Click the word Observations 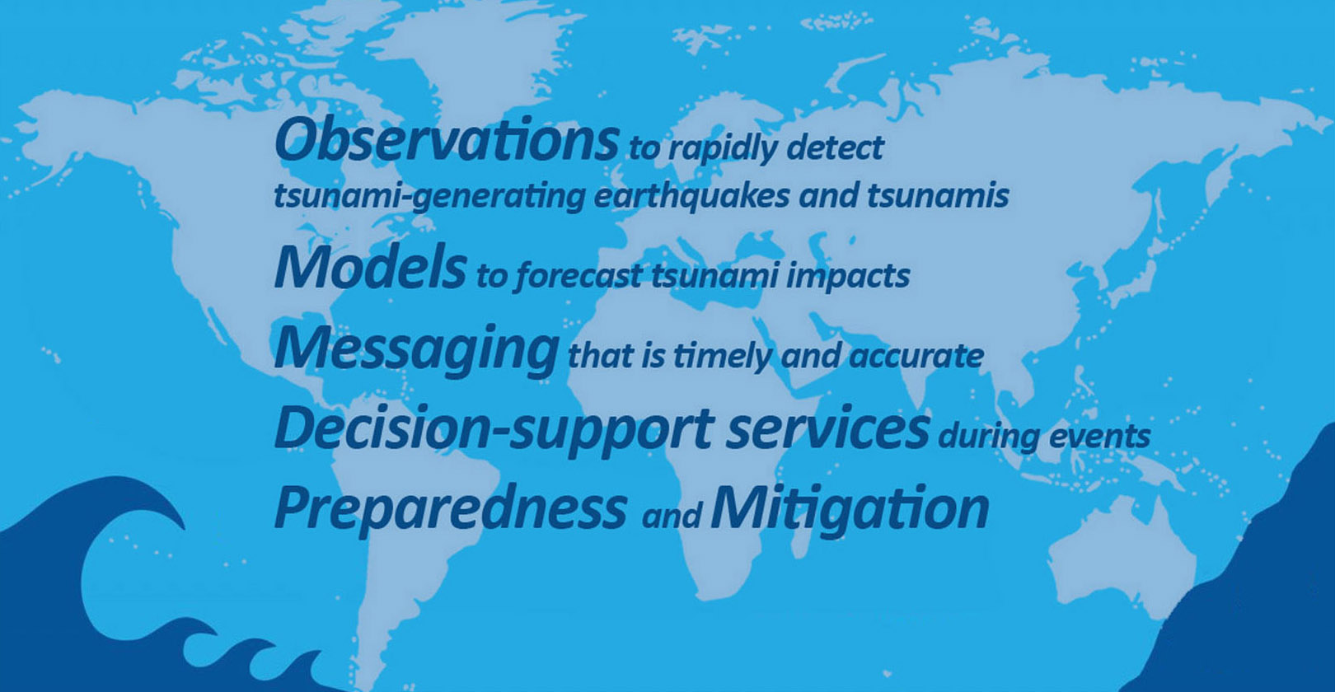pyautogui.click(x=447, y=139)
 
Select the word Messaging pyautogui.click(x=417, y=350)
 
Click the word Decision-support pyautogui.click(x=494, y=430)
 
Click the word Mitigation pyautogui.click(x=850, y=508)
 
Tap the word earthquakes pyautogui.click(x=692, y=195)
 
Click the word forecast pyautogui.click(x=578, y=276)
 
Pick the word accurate pyautogui.click(x=916, y=357)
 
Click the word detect pyautogui.click(x=835, y=147)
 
